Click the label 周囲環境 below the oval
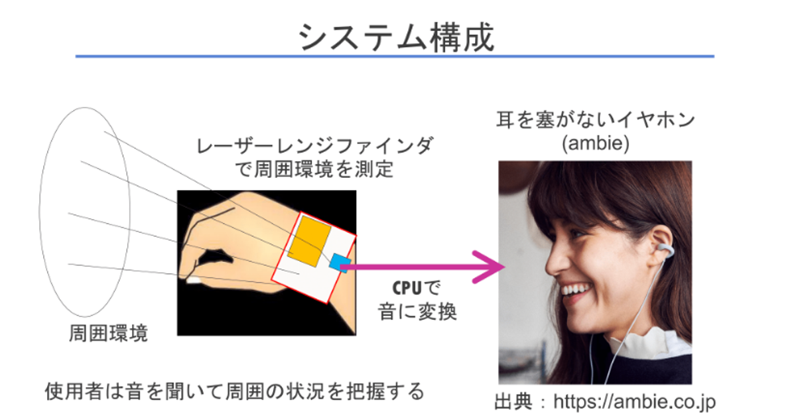pyautogui.click(x=108, y=333)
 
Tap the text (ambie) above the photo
pyautogui.click(x=595, y=143)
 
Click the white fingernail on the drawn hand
pyautogui.click(x=194, y=280)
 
